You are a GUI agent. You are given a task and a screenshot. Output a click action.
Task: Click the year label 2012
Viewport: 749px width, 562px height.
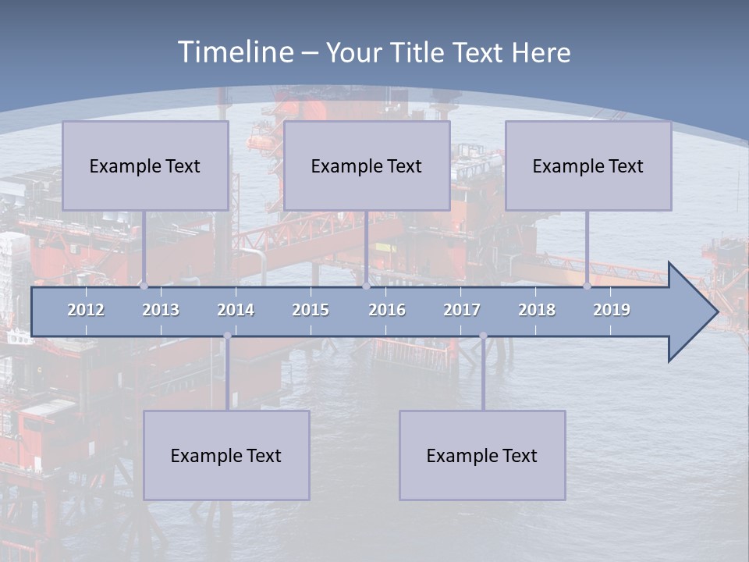86,310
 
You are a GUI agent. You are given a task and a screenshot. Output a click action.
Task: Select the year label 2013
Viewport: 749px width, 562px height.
161,310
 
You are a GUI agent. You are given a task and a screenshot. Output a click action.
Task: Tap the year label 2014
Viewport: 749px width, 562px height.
236,310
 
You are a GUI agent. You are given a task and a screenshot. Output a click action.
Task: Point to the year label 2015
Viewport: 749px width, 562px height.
311,310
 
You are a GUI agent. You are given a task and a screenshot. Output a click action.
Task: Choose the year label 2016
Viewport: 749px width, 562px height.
387,310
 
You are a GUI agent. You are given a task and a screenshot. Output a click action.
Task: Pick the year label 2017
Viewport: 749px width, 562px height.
462,310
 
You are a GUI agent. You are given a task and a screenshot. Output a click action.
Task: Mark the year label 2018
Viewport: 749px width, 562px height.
537,310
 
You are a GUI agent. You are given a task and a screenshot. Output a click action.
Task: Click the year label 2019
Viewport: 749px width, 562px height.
612,310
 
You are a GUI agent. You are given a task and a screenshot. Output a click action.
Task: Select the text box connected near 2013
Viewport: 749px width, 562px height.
145,165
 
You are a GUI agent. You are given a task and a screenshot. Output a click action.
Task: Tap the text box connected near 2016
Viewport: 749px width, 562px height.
367,165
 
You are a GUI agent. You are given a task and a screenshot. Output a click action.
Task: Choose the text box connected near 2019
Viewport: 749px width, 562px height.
588,165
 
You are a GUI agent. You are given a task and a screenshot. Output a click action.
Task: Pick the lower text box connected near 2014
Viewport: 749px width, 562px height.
226,455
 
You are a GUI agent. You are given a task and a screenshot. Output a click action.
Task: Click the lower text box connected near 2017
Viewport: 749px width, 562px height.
482,455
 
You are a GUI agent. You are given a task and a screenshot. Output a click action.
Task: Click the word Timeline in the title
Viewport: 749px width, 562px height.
235,52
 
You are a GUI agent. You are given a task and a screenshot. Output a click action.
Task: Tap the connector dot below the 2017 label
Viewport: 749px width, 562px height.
483,336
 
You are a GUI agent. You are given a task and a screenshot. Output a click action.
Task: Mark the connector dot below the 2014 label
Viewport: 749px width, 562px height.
227,336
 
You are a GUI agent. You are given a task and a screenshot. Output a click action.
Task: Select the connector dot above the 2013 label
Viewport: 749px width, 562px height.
144,286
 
